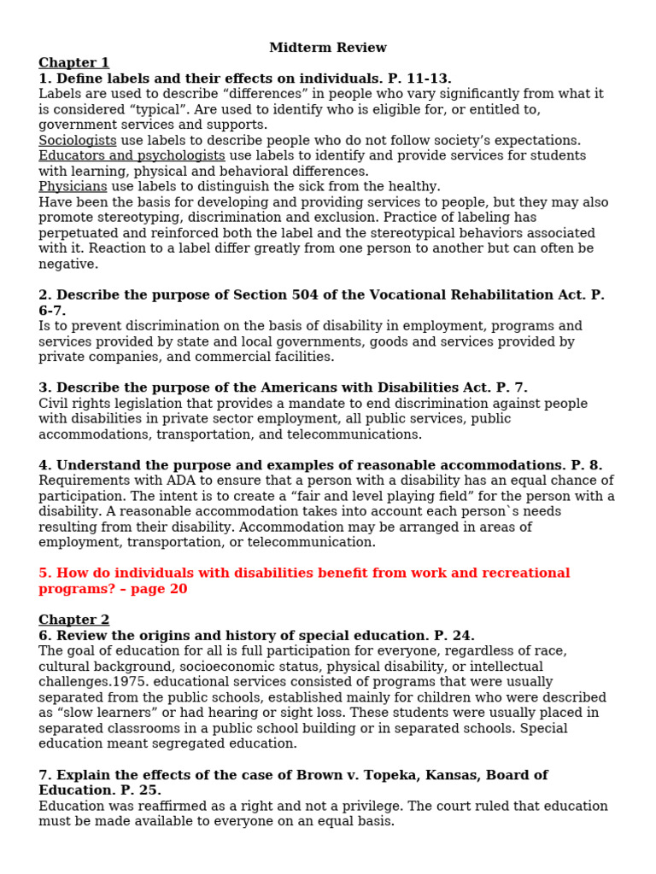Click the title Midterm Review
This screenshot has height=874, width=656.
coord(328,48)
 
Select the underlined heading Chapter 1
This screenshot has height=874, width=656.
coord(73,63)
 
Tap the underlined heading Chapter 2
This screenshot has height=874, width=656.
coord(73,620)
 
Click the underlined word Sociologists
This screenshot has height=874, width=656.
coord(78,140)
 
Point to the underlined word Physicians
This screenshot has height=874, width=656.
coord(73,186)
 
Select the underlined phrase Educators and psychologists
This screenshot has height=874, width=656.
coord(132,155)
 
